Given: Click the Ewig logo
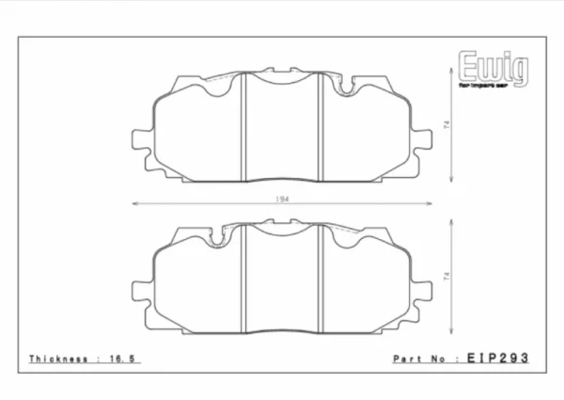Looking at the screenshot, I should (x=493, y=69).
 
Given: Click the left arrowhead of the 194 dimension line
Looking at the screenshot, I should (x=134, y=203).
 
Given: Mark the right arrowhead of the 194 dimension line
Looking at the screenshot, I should (x=430, y=203).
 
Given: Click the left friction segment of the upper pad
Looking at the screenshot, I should (x=199, y=132).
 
